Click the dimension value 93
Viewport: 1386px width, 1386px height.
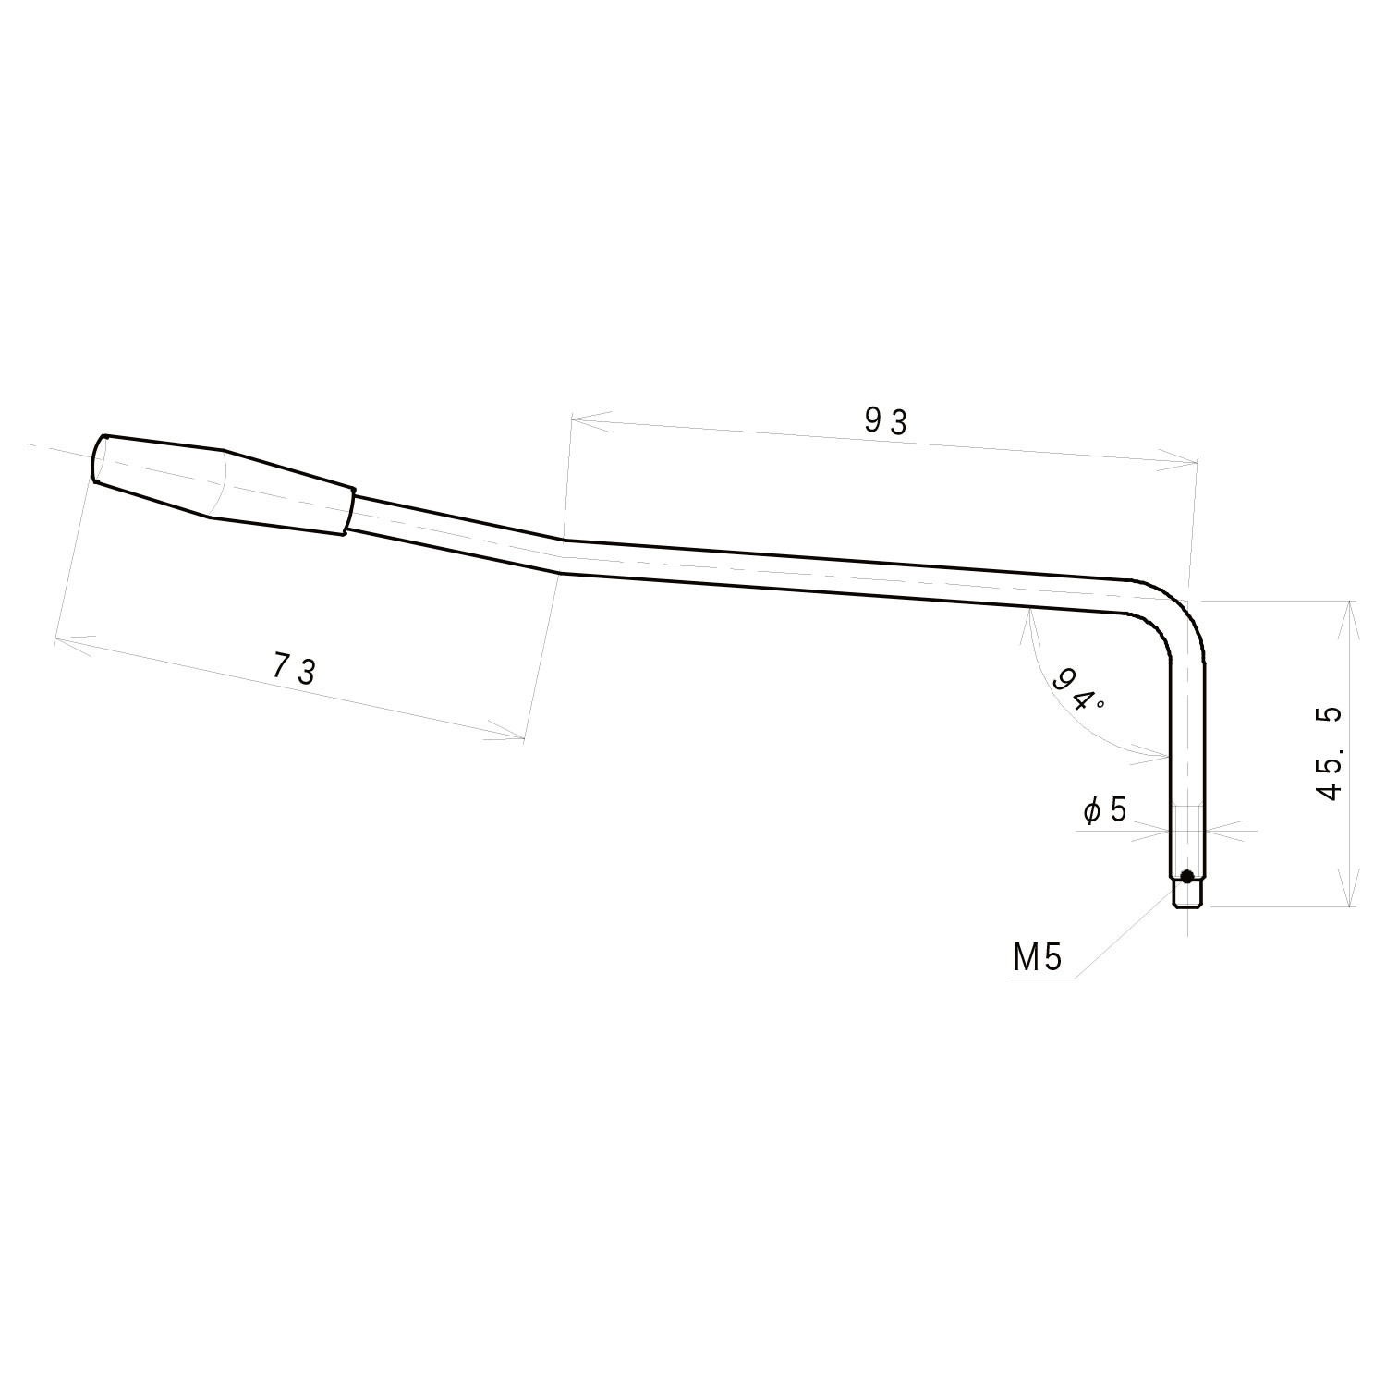[x=886, y=421]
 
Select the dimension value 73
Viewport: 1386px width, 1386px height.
[x=295, y=670]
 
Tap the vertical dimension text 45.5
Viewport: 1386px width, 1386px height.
[x=1331, y=753]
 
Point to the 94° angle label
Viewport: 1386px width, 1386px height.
[x=1077, y=689]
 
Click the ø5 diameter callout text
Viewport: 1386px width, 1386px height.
[x=1105, y=810]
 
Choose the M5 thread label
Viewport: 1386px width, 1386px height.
[x=1038, y=959]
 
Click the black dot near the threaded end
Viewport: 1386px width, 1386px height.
[x=1186, y=876]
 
